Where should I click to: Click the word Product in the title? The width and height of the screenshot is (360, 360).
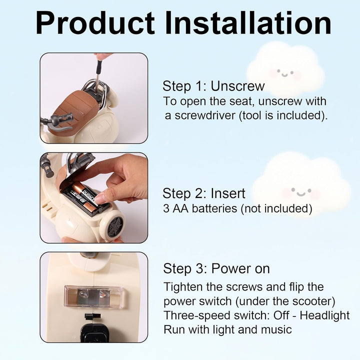coord(95,23)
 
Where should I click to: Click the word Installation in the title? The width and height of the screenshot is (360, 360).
coord(248,23)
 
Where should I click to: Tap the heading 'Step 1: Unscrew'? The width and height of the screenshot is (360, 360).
coord(213,86)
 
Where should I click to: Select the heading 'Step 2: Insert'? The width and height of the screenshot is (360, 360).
coord(204,193)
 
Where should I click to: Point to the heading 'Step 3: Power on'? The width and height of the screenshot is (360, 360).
coord(216,268)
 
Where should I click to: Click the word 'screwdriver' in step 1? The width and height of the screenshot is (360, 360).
coord(205,115)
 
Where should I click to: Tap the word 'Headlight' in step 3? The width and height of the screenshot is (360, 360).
coord(324,315)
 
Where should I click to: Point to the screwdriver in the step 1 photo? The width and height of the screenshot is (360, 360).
coord(98,73)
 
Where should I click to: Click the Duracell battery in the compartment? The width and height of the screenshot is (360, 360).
coord(84,196)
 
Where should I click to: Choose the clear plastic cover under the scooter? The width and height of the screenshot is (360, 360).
coord(93,296)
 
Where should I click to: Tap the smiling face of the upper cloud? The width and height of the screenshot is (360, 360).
coord(285,73)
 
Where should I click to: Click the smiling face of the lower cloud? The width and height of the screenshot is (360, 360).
coord(301,192)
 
